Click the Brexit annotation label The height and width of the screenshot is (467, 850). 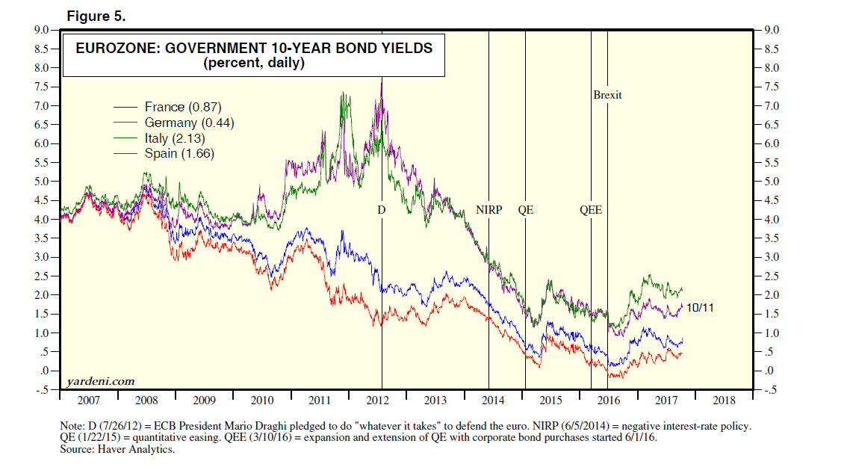pos(607,96)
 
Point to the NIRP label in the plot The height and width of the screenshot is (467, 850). pos(489,211)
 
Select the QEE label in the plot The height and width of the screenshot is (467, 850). pos(591,211)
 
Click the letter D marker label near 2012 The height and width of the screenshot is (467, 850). pos(381,211)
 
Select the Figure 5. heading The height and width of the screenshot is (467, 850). pos(96,16)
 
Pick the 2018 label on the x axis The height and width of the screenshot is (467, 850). pos(723,400)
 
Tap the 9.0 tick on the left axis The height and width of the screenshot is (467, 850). pos(40,30)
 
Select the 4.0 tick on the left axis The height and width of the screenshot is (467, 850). pos(40,220)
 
